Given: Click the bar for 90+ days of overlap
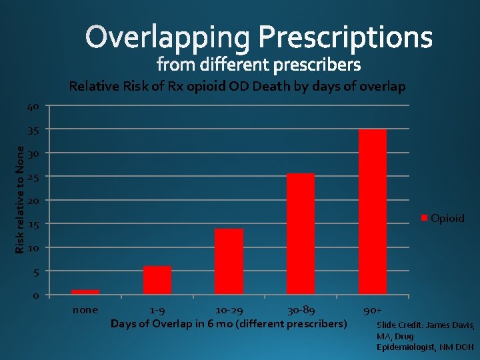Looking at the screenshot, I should [372, 211].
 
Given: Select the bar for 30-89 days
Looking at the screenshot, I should [300, 233].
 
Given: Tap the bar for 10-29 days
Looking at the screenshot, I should [229, 261].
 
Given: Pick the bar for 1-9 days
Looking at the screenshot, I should [157, 280].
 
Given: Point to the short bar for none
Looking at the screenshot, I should [85, 291].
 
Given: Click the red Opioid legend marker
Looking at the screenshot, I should [424, 218].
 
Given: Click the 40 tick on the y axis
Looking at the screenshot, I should [33, 107].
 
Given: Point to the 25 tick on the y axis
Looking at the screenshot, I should [33, 177].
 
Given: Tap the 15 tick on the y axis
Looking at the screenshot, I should [33, 225].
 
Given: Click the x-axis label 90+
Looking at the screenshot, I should [372, 310].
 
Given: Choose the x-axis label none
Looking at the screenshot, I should [85, 310].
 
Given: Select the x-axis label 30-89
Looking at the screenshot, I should [301, 310].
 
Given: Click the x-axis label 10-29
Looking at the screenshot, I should [229, 310].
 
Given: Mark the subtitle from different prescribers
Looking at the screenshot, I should [259, 65].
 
